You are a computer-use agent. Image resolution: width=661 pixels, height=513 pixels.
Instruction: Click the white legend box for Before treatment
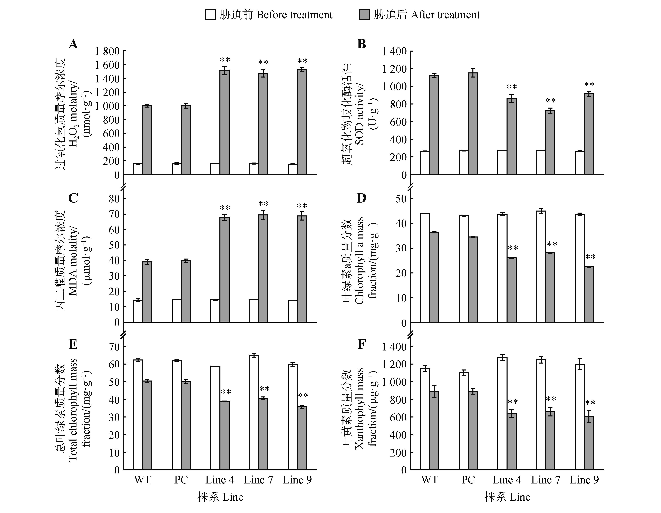(x=210, y=15)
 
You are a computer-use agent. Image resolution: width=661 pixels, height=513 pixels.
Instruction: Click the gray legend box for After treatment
(x=364, y=15)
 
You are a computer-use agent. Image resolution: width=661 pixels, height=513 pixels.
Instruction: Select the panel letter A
(x=73, y=44)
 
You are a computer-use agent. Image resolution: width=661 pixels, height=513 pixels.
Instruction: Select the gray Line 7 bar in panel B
(x=550, y=142)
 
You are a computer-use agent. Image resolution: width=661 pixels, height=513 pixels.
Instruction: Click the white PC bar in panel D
(x=464, y=269)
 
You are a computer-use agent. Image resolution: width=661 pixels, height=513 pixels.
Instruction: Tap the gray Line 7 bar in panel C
(x=263, y=268)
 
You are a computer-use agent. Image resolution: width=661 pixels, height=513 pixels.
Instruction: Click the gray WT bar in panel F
(x=434, y=430)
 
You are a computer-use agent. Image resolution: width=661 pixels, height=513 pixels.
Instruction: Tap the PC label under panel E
(x=181, y=480)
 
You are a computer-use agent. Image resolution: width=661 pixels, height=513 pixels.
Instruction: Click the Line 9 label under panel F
(x=584, y=480)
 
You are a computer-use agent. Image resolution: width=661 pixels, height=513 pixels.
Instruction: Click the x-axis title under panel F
(x=507, y=497)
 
